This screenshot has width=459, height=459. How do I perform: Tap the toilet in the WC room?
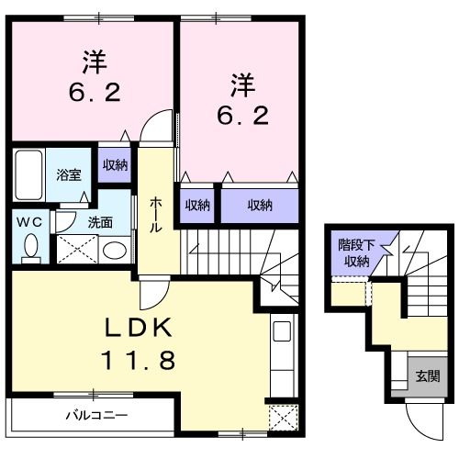tap(31, 246)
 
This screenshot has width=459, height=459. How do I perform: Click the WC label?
tap(28, 221)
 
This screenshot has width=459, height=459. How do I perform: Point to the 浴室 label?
tap(68, 173)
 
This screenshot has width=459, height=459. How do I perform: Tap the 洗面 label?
tap(100, 221)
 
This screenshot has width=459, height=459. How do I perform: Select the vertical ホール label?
tap(157, 212)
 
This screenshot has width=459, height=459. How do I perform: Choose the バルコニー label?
tap(95, 415)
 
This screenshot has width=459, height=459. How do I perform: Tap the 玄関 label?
tap(427, 375)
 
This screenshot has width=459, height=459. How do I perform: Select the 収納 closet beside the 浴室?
tap(115, 165)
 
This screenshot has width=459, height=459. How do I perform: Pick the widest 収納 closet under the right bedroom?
tap(260, 206)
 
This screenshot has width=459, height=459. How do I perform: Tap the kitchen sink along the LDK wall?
tap(281, 332)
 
